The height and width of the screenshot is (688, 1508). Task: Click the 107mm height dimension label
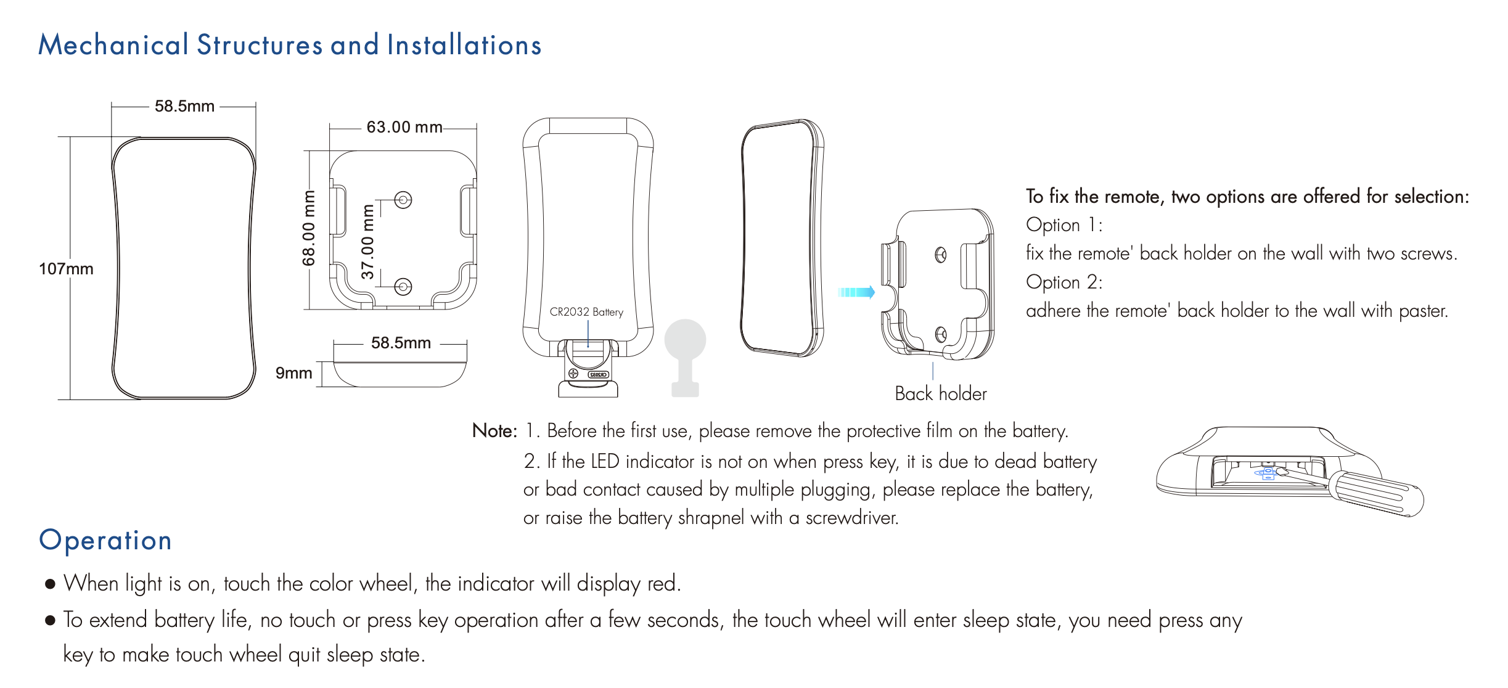coord(66,269)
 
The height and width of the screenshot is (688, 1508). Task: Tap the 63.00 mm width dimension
coord(404,127)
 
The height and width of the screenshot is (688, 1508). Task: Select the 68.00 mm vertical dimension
coord(308,228)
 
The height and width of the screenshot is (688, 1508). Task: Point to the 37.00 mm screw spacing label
coord(367,242)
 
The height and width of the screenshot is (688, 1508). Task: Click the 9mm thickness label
coord(293,373)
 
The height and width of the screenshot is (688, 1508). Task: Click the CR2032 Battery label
coord(586,312)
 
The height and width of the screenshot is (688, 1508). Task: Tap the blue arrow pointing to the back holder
coord(856,292)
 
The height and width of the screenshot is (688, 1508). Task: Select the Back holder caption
coord(941,393)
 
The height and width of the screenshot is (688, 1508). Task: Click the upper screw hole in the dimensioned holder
coord(403,200)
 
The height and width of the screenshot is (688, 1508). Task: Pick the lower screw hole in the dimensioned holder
coord(403,287)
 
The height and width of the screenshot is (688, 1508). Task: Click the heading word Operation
coord(105,540)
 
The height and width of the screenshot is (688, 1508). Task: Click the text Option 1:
coord(1064,225)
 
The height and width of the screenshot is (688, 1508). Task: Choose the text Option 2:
coord(1064,282)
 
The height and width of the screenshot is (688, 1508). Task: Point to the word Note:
coord(494,430)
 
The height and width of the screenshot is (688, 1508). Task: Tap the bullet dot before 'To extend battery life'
coord(51,620)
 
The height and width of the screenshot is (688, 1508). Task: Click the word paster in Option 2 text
coord(1423,311)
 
